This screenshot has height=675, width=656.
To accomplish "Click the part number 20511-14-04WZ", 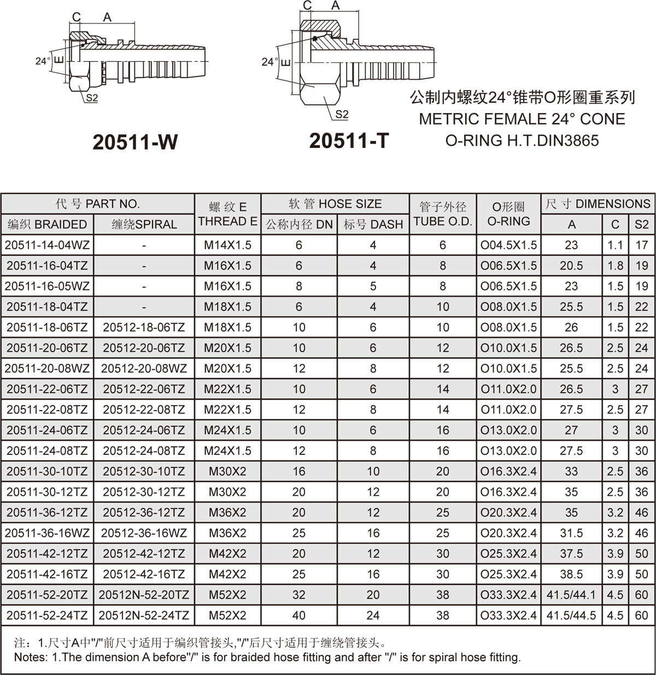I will (47, 245).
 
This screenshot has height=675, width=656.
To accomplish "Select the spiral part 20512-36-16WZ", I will (144, 533).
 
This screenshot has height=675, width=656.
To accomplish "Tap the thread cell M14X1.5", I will (228, 245).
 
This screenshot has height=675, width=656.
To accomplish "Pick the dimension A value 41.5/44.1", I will (571, 595).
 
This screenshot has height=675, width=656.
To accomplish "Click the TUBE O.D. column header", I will (443, 214).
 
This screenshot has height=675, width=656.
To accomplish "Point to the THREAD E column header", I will (228, 214).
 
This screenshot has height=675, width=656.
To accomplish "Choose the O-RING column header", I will (508, 214).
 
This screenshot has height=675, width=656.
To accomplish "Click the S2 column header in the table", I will (641, 224).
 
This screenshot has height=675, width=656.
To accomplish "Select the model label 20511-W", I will (135, 142).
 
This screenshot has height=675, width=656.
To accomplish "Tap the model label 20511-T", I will (349, 141).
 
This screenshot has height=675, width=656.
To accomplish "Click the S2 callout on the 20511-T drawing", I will (342, 115).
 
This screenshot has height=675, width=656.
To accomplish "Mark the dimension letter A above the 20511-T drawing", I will (336, 5).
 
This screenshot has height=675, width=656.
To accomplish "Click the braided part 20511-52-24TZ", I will (47, 615).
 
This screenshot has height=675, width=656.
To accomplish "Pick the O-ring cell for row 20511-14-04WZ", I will (508, 245).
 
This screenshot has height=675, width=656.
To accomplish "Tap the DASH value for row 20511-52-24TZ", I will (373, 615).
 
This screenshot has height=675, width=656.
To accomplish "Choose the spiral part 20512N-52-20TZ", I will (144, 595).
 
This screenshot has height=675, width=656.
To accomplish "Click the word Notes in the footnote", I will (31, 657).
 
